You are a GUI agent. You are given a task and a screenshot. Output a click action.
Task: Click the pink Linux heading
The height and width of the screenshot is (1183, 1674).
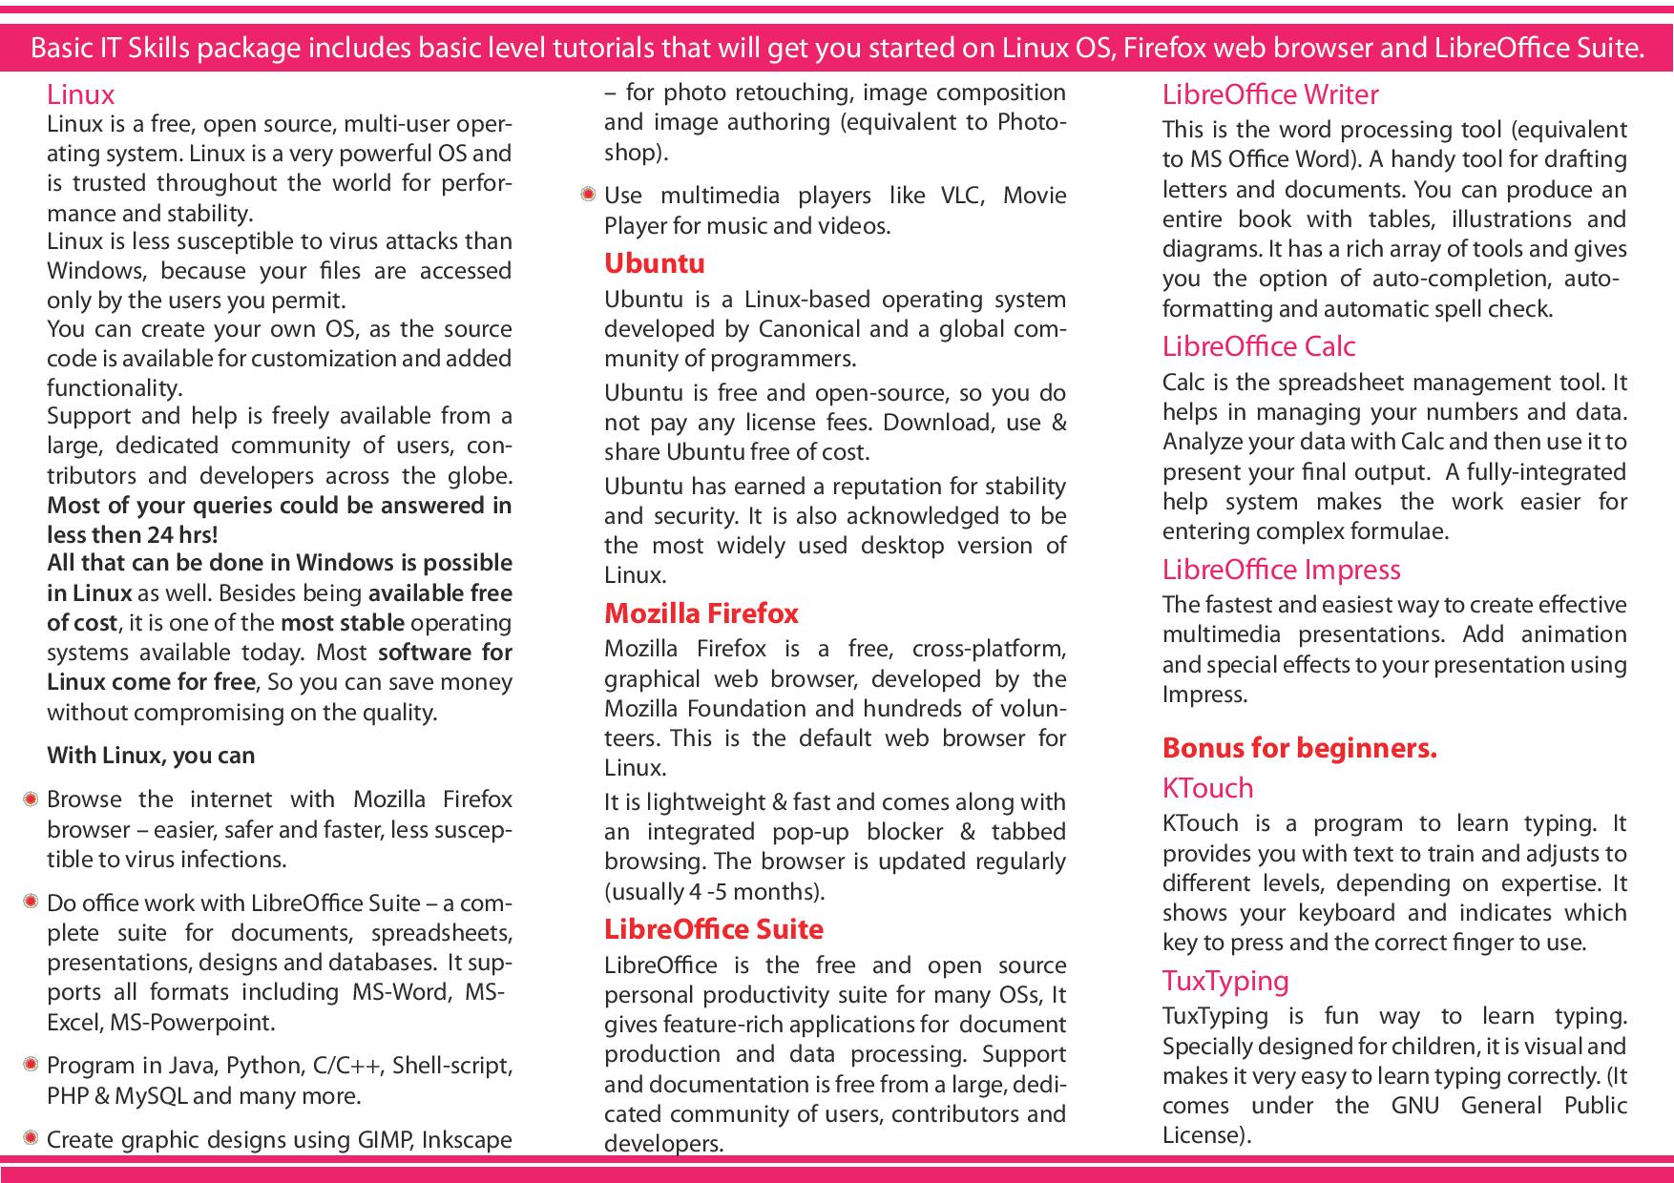click(x=81, y=94)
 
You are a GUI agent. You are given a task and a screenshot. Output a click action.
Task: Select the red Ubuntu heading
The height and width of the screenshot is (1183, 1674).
click(x=655, y=263)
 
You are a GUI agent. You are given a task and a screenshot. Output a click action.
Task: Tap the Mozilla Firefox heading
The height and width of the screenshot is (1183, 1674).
click(x=701, y=613)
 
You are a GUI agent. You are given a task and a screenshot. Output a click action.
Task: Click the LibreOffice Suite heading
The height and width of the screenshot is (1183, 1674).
click(x=714, y=929)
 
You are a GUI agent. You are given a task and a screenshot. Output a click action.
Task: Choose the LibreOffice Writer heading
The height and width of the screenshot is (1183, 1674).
click(x=1270, y=94)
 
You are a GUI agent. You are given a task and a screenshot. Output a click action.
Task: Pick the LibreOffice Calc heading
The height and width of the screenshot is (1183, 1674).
click(x=1259, y=346)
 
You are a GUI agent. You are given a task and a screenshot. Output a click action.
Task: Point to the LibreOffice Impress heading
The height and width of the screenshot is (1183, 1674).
click(x=1282, y=570)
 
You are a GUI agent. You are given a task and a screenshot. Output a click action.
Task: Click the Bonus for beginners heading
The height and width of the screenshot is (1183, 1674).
click(x=1300, y=748)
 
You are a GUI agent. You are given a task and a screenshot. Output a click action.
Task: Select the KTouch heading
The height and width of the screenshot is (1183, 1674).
click(x=1208, y=788)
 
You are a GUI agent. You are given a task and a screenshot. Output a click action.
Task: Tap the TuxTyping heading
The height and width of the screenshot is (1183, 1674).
click(x=1225, y=981)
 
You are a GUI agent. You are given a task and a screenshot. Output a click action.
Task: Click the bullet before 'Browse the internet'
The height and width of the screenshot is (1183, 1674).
click(x=31, y=799)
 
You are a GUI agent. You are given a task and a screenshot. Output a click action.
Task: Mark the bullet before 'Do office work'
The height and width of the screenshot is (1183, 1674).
click(x=31, y=902)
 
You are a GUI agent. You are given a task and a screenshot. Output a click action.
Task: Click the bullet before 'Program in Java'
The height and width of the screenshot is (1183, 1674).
click(x=31, y=1064)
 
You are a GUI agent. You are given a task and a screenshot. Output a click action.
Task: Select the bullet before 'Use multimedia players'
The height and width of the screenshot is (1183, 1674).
click(x=588, y=195)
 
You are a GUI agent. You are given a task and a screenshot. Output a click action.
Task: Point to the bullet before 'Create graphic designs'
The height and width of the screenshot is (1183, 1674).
click(x=31, y=1138)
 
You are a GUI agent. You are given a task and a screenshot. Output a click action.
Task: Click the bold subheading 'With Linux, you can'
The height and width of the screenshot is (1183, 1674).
click(x=151, y=756)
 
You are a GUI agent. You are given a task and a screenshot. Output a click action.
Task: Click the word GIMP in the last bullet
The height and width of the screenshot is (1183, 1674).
click(x=384, y=1140)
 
